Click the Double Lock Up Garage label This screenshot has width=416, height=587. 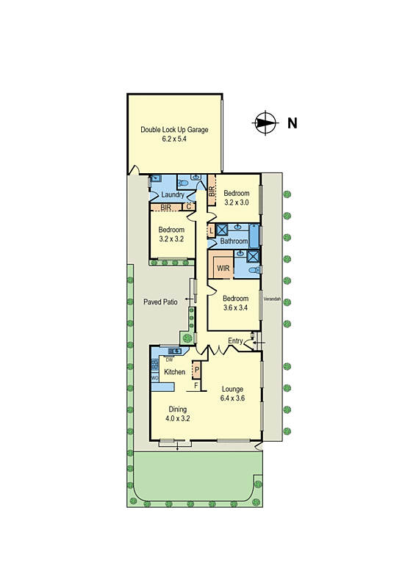tap(174, 130)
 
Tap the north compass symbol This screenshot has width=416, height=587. tap(265, 123)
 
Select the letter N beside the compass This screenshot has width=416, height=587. tap(292, 123)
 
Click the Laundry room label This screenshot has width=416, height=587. tap(173, 194)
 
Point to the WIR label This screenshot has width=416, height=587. tap(223, 269)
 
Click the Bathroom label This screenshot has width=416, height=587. tap(234, 241)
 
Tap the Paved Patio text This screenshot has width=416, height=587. tap(161, 301)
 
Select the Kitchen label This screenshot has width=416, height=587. tap(174, 372)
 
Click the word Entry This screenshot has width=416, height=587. tap(235, 341)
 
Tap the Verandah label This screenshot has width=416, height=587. tap(273, 299)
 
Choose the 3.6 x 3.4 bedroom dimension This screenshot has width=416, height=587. tap(235, 308)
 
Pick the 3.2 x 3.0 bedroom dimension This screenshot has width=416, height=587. tap(237, 203)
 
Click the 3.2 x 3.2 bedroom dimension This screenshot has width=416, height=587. tap(172, 239)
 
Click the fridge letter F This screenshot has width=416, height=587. tap(196, 384)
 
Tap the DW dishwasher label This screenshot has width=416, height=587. tap(169, 360)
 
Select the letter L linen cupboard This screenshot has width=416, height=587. tap(211, 230)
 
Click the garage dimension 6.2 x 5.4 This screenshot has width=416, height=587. tap(174, 139)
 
